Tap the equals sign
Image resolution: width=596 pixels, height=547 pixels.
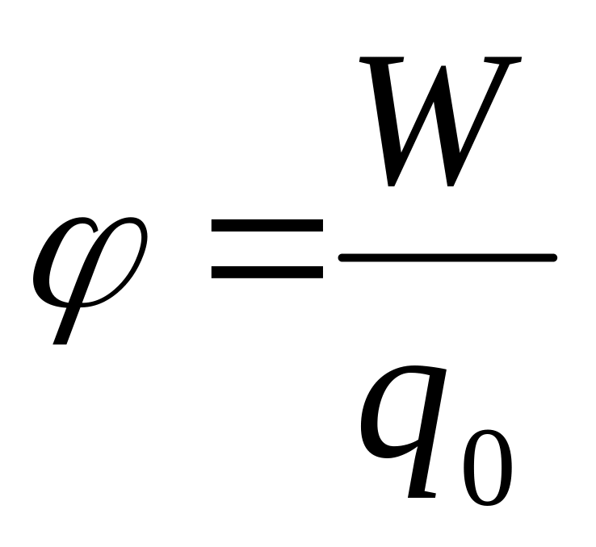click(267, 251)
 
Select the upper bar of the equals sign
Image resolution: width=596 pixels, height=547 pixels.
click(267, 228)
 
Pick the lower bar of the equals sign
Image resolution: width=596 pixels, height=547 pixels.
click(267, 273)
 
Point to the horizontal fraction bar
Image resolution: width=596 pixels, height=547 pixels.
click(448, 258)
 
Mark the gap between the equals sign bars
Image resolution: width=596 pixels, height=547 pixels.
click(267, 251)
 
